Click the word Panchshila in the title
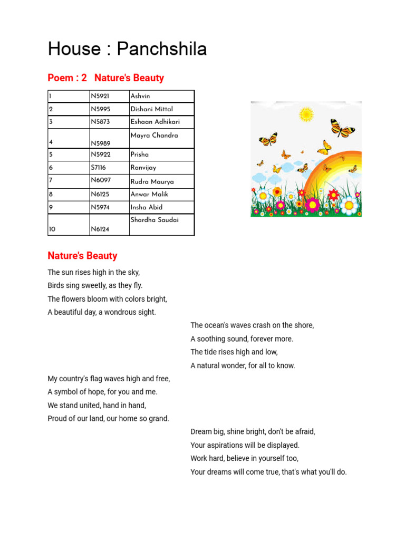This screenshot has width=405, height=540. (161, 49)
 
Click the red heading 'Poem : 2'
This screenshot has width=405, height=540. (67, 78)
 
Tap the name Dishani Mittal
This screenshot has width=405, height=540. (151, 109)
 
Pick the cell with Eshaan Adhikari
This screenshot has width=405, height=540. (155, 122)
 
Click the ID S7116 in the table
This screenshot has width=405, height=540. (98, 168)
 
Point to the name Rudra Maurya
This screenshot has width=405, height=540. (152, 181)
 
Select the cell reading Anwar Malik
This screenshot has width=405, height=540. (149, 194)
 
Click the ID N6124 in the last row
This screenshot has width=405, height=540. (100, 229)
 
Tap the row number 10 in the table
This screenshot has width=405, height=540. (52, 229)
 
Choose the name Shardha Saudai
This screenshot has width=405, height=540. (155, 220)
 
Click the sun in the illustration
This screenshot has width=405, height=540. (306, 114)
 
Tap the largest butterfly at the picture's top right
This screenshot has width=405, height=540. (342, 128)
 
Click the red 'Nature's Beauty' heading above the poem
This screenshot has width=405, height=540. (82, 256)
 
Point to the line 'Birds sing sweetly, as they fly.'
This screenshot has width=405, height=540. (95, 285)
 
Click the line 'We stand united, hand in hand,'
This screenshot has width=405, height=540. (97, 406)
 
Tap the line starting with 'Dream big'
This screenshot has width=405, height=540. (253, 431)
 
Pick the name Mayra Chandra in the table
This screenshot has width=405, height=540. (154, 136)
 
